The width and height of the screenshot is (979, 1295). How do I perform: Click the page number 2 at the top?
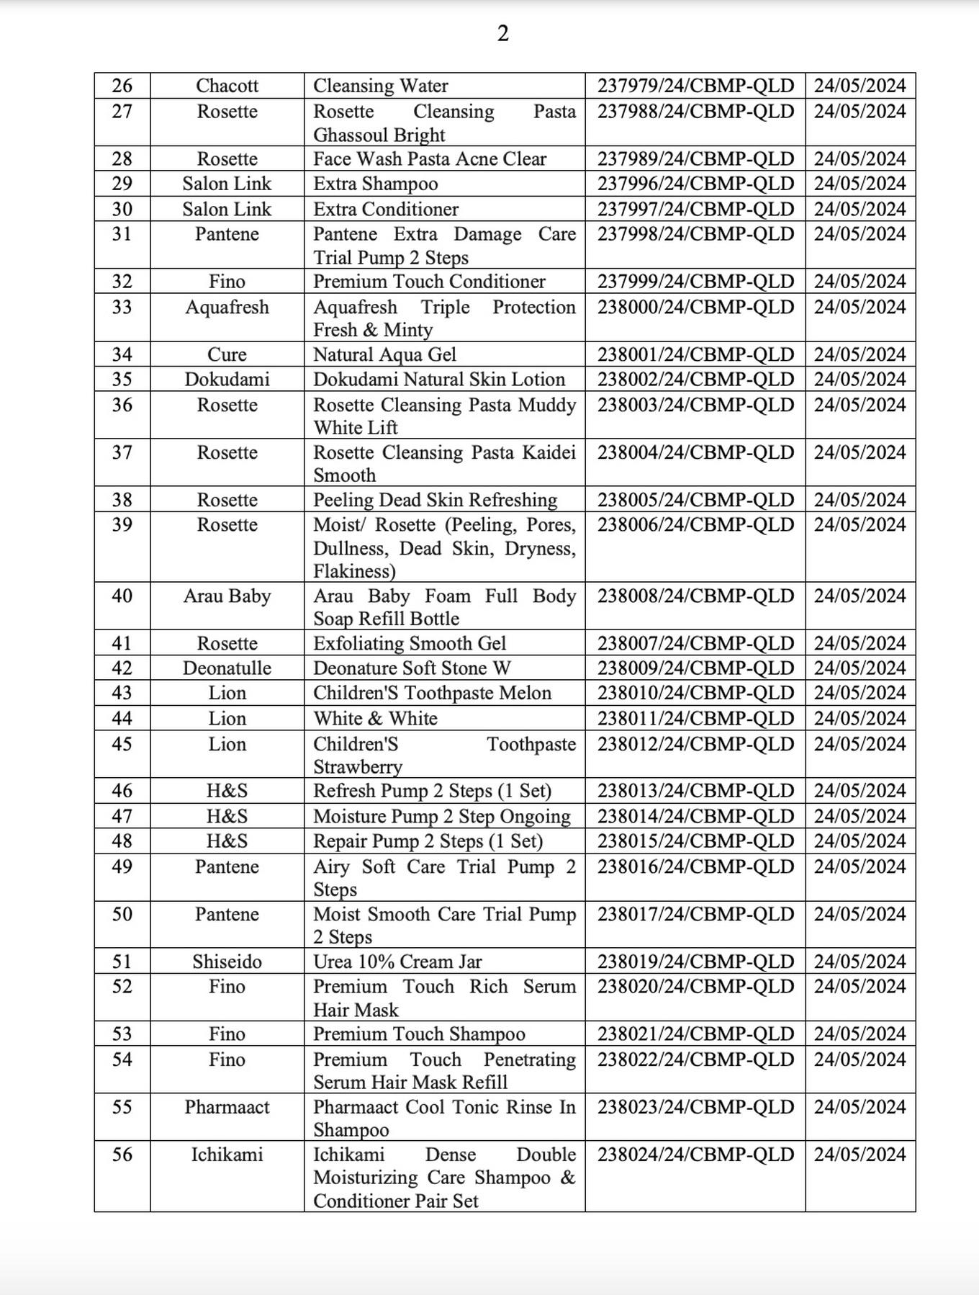[x=502, y=33]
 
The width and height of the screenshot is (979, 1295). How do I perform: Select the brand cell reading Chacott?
[x=227, y=86]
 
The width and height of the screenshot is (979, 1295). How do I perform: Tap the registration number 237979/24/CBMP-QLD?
[x=695, y=86]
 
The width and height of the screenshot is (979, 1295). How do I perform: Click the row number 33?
[x=122, y=308]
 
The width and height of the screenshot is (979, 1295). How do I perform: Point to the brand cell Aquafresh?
[x=227, y=308]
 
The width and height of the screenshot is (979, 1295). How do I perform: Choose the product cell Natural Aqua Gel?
[x=384, y=354]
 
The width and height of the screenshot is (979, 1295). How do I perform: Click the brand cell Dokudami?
[x=227, y=380]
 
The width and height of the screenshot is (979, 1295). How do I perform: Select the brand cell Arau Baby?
[x=227, y=596]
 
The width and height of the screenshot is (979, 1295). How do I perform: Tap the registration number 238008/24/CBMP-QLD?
[x=695, y=596]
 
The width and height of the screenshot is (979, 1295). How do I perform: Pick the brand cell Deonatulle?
[x=227, y=668]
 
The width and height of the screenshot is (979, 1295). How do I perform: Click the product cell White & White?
[x=375, y=719]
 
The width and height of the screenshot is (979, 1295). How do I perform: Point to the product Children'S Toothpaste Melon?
[x=432, y=693]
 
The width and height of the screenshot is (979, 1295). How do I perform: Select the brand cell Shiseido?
[x=227, y=962]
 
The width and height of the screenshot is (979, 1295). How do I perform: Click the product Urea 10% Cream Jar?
[x=397, y=962]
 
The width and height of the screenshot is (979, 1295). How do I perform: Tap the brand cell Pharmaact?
[x=227, y=1107]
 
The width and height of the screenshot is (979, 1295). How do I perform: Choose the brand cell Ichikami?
[x=227, y=1155]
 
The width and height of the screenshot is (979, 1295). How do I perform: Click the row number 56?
[x=122, y=1155]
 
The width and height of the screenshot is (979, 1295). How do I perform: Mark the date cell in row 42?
[x=860, y=668]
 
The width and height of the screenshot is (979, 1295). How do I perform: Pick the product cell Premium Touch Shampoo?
[x=419, y=1034]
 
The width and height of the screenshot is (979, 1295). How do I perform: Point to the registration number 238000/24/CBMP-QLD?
[x=695, y=308]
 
